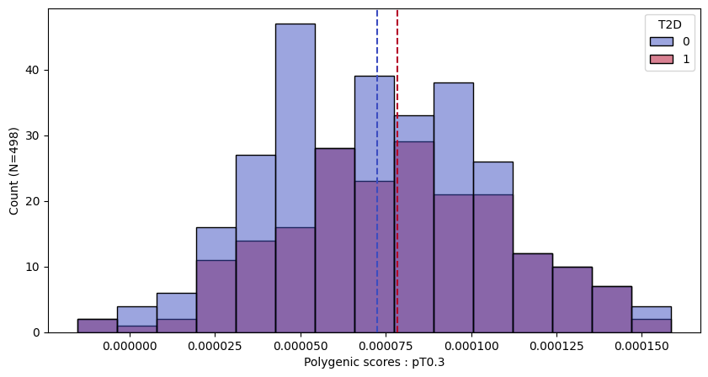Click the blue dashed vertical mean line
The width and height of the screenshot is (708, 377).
[x=377, y=50]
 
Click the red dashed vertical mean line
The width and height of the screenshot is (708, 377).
[x=397, y=50]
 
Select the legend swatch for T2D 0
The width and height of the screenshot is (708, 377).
[x=662, y=42]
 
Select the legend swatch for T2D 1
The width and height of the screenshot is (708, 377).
[x=662, y=59]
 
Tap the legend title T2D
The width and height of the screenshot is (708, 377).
[x=669, y=24]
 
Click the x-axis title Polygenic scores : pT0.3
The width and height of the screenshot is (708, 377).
[x=374, y=363]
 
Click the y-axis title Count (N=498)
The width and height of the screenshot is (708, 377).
[x=14, y=171]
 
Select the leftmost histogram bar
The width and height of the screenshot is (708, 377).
[x=97, y=326]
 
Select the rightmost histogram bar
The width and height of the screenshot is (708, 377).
[x=652, y=326]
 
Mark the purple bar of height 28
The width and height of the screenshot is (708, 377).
[x=334, y=244]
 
